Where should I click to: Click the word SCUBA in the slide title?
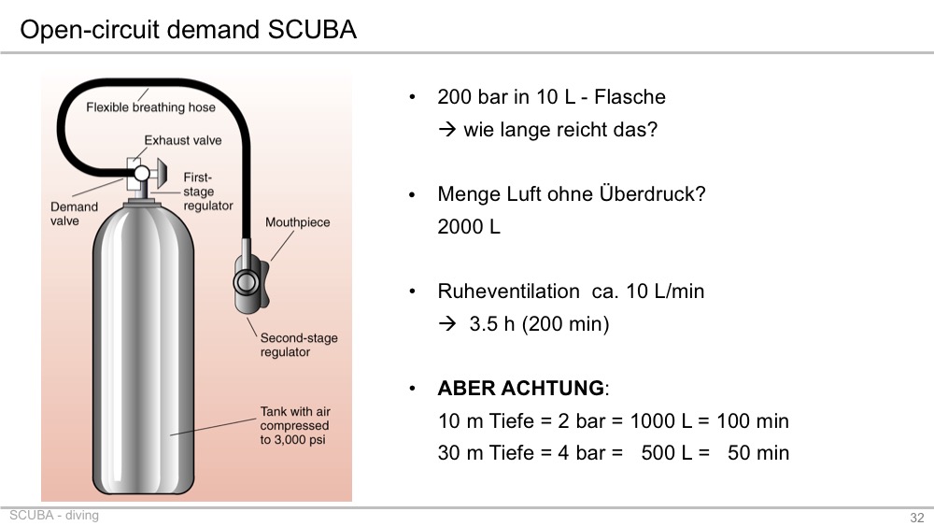pyautogui.click(x=312, y=29)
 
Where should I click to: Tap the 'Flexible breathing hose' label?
pyautogui.click(x=150, y=107)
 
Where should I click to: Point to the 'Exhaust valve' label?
pyautogui.click(x=183, y=140)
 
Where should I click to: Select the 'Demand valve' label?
pyautogui.click(x=74, y=214)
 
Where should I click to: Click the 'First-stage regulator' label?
pyautogui.click(x=208, y=192)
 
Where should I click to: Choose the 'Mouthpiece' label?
pyautogui.click(x=297, y=222)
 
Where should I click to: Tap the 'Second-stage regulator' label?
pyautogui.click(x=299, y=345)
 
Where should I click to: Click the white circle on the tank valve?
pyautogui.click(x=142, y=174)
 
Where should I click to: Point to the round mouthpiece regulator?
pyautogui.click(x=246, y=282)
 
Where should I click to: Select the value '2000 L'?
pyautogui.click(x=469, y=226)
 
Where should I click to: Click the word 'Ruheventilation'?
pyautogui.click(x=508, y=291)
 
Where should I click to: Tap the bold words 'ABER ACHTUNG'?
pyautogui.click(x=520, y=389)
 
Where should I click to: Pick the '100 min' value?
pyautogui.click(x=752, y=420)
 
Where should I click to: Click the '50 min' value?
pyautogui.click(x=758, y=453)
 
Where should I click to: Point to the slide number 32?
pyautogui.click(x=917, y=518)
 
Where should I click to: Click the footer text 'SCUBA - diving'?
pyautogui.click(x=54, y=516)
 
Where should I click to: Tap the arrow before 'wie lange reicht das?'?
pyautogui.click(x=446, y=129)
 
